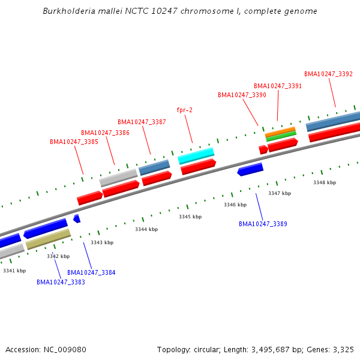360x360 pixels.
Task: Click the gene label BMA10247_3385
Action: pos(74,142)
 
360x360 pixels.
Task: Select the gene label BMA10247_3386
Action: pos(105,133)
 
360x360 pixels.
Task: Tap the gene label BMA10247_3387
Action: pos(142,122)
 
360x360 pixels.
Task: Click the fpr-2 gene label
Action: pos(184,110)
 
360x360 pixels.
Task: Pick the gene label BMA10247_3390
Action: pos(242,95)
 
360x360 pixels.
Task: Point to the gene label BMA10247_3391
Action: pos(278,86)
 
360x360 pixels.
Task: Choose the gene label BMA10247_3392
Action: pos(328,74)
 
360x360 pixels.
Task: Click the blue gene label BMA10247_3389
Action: pos(263,224)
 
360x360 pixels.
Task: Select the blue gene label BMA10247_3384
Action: pos(91,272)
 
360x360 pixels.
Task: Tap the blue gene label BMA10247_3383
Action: pos(61,282)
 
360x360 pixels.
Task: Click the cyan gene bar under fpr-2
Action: pos(196,155)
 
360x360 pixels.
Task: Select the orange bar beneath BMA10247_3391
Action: pos(280,130)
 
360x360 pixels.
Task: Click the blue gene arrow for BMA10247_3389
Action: pos(250,170)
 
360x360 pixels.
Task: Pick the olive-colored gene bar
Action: pos(48,239)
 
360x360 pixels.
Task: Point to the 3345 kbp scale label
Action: pos(190,217)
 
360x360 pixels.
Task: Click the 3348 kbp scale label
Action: pos(325,182)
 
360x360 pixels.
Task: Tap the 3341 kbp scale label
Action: pos(14,271)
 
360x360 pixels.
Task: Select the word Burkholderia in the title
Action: pos(67,11)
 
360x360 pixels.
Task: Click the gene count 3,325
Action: pos(343,349)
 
